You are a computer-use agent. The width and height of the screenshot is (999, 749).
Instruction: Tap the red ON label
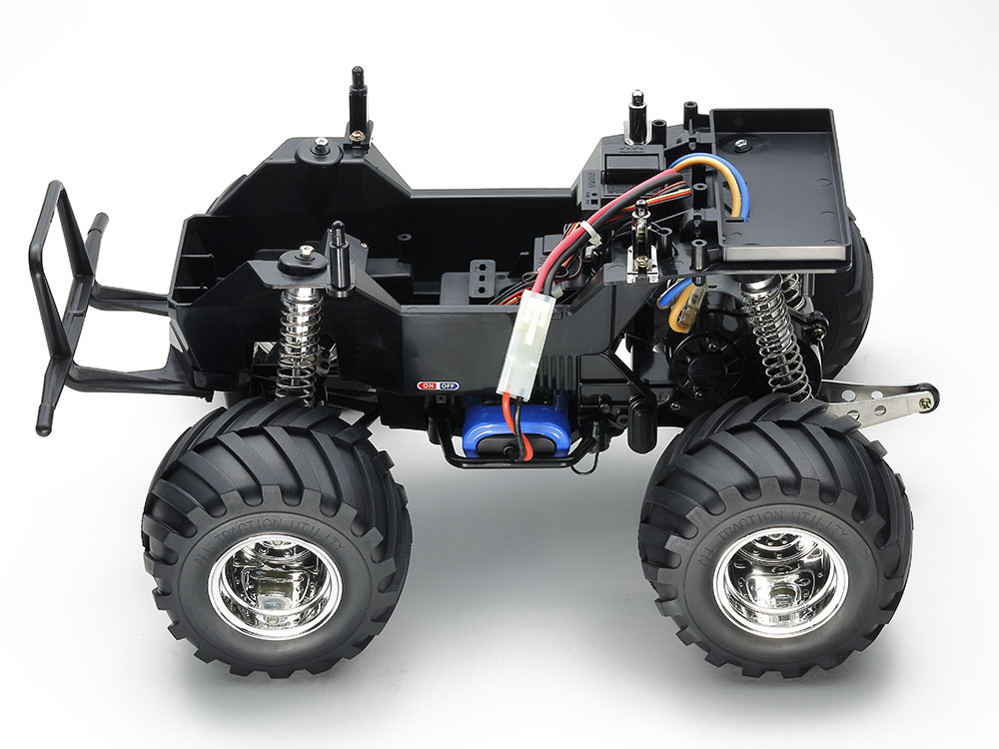429,383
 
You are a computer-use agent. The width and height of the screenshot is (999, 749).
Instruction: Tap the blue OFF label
449,383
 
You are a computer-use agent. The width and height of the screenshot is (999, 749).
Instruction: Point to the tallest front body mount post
357,100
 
